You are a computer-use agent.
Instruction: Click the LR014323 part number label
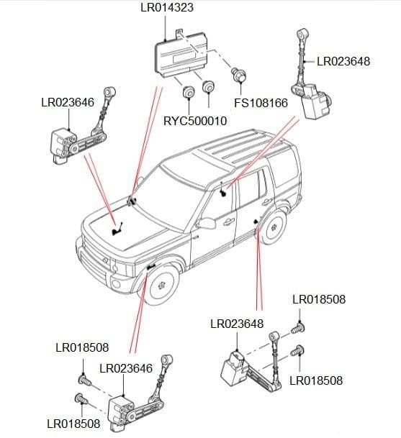click(166, 9)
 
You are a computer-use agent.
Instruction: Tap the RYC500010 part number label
click(195, 121)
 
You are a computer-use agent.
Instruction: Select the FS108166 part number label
click(261, 103)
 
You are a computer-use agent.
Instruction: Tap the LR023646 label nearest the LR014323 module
click(68, 103)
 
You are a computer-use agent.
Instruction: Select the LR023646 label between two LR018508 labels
click(126, 368)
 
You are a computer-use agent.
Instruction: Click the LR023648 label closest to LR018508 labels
click(237, 324)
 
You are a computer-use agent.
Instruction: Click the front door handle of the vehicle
click(229, 221)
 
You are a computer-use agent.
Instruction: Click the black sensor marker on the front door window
click(224, 191)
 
